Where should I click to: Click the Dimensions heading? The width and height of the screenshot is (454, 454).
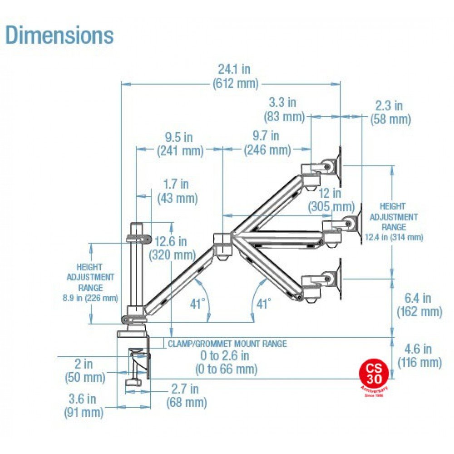(59, 35)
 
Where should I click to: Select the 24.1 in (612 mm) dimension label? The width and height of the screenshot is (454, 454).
(234, 76)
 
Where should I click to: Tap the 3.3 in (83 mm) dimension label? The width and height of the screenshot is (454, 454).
(285, 109)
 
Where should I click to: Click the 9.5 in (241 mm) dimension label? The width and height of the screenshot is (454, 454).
(180, 143)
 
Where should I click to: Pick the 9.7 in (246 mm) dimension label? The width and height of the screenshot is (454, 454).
(267, 143)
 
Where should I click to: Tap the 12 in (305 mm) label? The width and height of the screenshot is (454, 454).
(331, 200)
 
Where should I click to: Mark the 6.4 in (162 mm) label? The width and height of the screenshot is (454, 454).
(419, 305)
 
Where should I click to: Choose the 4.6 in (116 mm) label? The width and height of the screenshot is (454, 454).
(419, 355)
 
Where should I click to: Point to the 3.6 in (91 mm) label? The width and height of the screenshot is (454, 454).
(84, 405)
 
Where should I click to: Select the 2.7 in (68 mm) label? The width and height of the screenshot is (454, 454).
(186, 395)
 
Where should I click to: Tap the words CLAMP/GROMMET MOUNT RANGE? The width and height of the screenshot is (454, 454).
(227, 344)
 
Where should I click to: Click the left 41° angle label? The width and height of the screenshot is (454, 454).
(198, 303)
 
